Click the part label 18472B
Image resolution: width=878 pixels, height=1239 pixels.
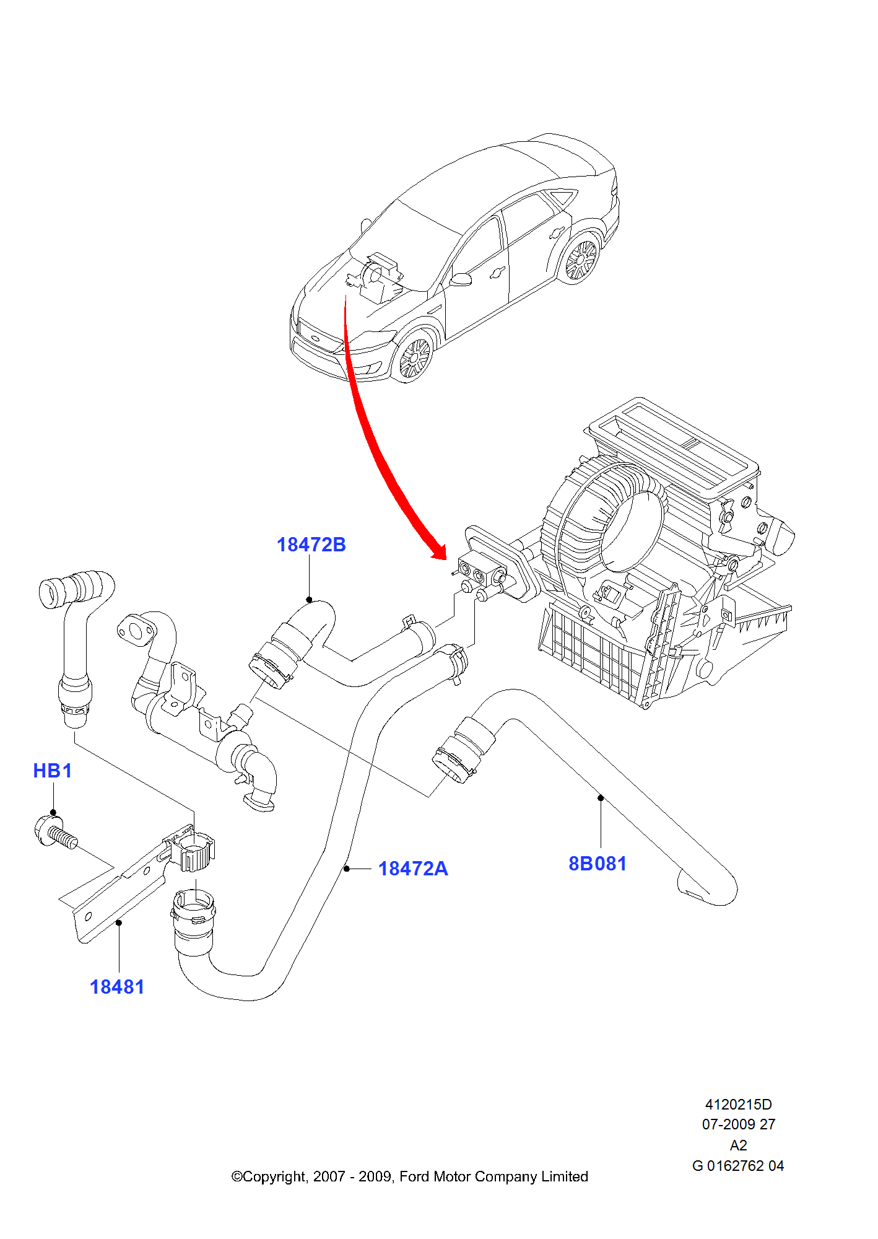(311, 545)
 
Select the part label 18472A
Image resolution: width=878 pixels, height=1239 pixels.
(413, 869)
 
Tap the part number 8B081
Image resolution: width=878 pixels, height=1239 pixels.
(597, 864)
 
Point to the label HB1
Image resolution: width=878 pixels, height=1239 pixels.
(53, 771)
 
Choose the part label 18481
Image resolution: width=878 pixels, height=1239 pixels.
(116, 987)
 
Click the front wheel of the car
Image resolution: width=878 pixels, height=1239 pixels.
(414, 359)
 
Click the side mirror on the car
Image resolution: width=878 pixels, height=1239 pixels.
(461, 279)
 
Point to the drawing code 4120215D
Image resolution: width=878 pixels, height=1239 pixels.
(738, 1105)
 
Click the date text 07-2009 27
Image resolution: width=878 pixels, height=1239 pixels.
(738, 1124)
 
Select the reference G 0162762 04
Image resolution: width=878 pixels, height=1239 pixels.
(738, 1166)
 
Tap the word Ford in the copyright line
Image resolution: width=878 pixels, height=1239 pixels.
(414, 1176)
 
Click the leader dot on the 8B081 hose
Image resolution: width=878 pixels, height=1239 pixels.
(601, 798)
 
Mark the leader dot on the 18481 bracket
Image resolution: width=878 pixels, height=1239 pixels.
(119, 922)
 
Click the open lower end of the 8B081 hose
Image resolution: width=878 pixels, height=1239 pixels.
(693, 886)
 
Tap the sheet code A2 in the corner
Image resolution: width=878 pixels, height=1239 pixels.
(738, 1145)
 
